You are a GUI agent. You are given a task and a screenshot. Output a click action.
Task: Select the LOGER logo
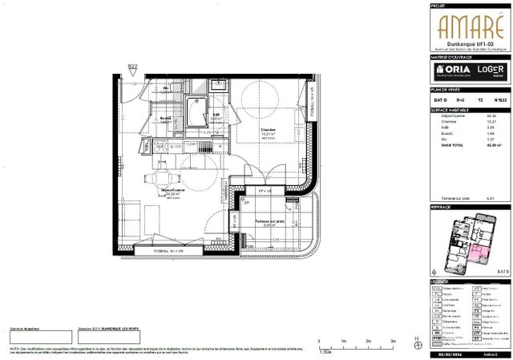click(x=490, y=71)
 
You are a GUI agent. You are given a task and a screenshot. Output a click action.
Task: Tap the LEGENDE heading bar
click(x=470, y=282)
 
